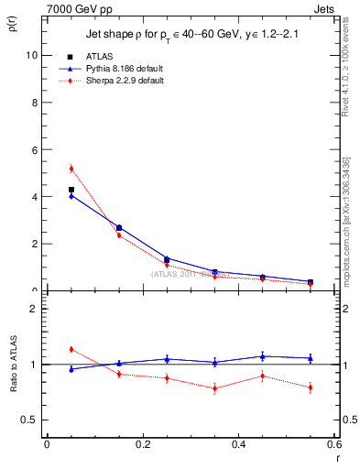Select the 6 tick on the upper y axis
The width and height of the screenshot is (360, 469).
[34, 149]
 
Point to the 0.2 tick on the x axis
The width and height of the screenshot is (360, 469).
[142, 443]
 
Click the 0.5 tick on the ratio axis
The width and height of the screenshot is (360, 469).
[30, 420]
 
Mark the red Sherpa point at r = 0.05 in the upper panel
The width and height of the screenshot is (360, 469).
[71, 168]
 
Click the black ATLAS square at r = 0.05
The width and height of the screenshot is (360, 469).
[71, 189]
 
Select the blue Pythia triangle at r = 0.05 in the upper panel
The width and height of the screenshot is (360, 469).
[71, 196]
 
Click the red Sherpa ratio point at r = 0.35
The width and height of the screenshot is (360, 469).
[214, 388]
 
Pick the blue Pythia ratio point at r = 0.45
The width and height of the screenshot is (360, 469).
[262, 356]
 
